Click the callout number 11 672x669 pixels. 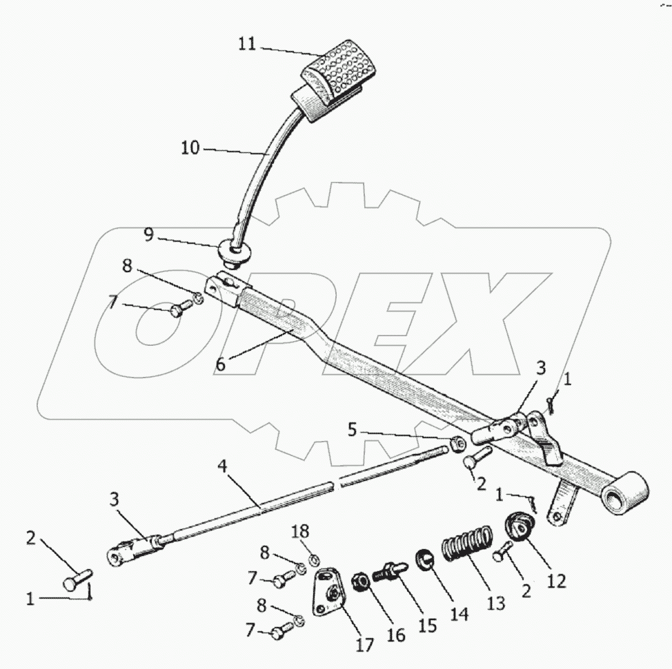(x=247, y=44)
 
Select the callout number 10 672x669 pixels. (x=190, y=147)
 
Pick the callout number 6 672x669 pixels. (x=220, y=364)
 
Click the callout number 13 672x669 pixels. (x=495, y=604)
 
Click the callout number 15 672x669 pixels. (x=428, y=625)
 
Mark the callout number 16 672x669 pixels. (x=395, y=634)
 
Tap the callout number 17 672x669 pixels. (x=365, y=645)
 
